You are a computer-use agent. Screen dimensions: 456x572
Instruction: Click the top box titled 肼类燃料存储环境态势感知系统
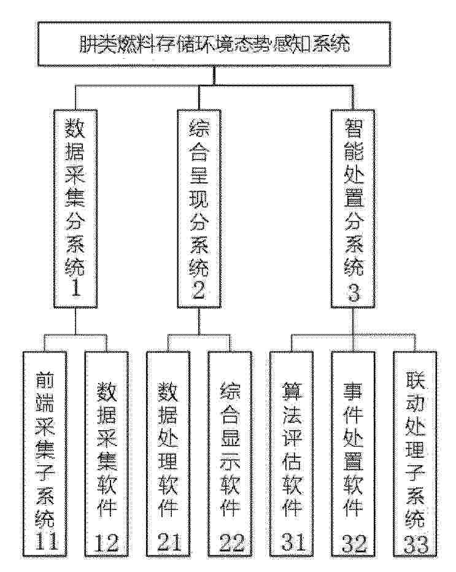pyautogui.click(x=214, y=44)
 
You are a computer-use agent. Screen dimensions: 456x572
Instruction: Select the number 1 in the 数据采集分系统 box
pyautogui.click(x=75, y=288)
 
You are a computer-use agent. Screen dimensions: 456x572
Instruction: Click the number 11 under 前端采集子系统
pyautogui.click(x=45, y=541)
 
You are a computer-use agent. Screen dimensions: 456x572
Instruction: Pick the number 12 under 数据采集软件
pyautogui.click(x=107, y=543)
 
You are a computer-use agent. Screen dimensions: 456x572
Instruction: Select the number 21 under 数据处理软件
pyautogui.click(x=169, y=542)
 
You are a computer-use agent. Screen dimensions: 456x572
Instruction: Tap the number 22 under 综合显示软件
pyautogui.click(x=231, y=543)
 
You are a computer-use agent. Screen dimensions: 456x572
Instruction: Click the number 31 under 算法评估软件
pyautogui.click(x=293, y=542)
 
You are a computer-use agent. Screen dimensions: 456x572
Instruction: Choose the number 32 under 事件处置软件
pyautogui.click(x=355, y=544)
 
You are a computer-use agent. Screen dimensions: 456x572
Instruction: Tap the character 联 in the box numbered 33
pyautogui.click(x=415, y=381)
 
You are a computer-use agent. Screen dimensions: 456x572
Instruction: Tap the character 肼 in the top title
pyautogui.click(x=90, y=44)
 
